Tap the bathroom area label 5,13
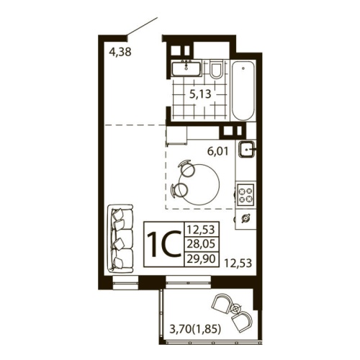pos(200,92)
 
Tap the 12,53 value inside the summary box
pos(201,231)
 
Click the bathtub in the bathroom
pos(243,91)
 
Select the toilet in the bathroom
pos(215,70)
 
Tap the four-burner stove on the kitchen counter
pos(246,193)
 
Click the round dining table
pos(204,183)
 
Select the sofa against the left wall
pos(121,238)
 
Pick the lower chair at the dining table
pos(179,190)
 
